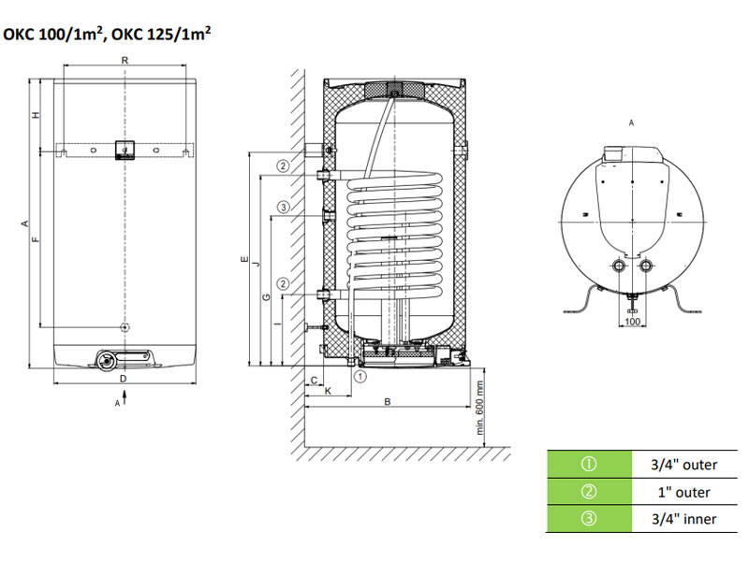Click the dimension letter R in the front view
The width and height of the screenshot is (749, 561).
(125, 60)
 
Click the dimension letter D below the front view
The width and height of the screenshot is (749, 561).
(123, 378)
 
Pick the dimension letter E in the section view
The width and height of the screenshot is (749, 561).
(242, 261)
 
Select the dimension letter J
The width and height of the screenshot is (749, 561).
(255, 266)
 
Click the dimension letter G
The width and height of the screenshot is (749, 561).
(267, 297)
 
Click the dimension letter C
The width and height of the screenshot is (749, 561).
(314, 379)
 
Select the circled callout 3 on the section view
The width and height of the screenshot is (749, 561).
(283, 207)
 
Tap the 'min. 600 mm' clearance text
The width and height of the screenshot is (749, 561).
(479, 409)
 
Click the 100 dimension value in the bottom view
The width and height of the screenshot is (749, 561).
(633, 322)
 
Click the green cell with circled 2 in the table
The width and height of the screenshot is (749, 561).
(589, 492)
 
